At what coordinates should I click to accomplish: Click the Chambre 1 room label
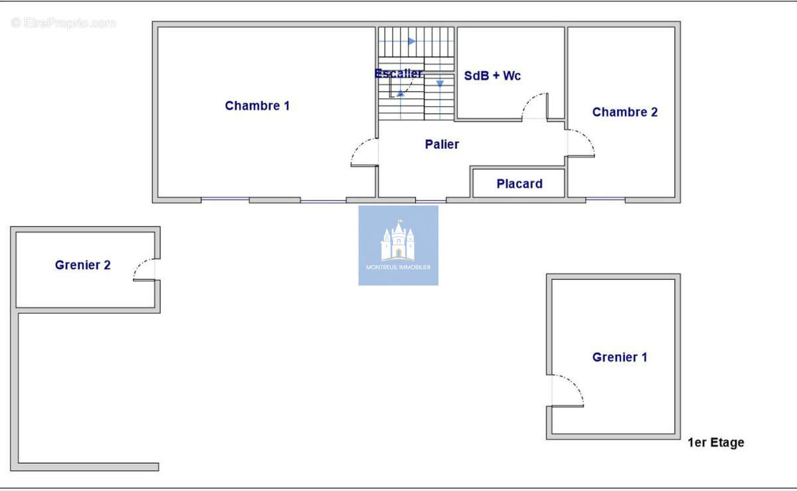coord(257,106)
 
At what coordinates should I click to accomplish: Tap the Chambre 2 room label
coord(625,112)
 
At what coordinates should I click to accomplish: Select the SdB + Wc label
coord(492,76)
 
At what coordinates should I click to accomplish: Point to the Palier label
coord(442,144)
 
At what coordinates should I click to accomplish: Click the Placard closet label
coord(519,184)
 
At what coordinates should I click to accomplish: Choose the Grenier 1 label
coord(620,357)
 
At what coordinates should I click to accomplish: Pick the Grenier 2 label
coord(82,265)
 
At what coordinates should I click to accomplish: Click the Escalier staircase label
coord(398,73)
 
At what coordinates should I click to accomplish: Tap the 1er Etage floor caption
coord(716,442)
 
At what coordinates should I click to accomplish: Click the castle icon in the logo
coord(398,241)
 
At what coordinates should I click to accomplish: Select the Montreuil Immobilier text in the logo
coord(398,267)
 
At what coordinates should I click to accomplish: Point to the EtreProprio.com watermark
coord(63,23)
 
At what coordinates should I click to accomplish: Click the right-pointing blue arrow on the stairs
coord(412,41)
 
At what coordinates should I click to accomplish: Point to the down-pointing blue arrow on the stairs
coord(440,84)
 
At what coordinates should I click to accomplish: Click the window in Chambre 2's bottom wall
coord(605,199)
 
